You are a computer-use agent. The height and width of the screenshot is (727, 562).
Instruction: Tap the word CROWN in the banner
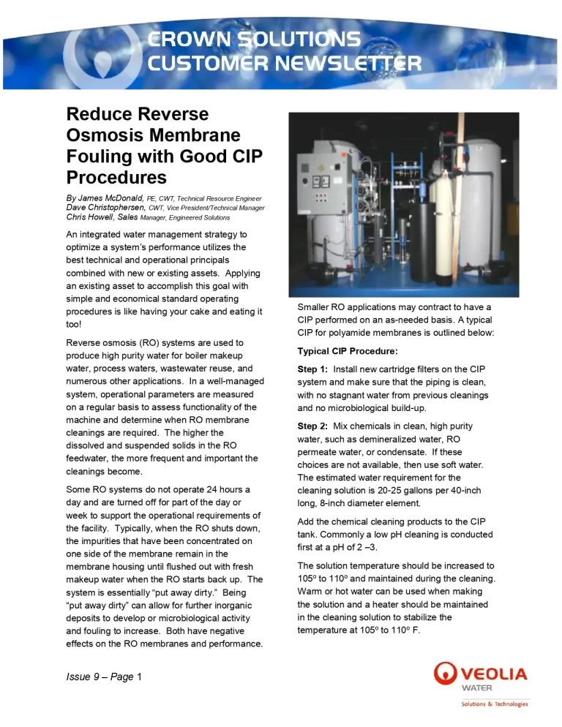pyautogui.click(x=190, y=39)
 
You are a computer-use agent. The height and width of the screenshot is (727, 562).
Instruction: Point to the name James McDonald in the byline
pyautogui.click(x=110, y=198)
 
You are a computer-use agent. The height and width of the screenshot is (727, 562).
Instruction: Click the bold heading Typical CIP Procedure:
pyautogui.click(x=347, y=351)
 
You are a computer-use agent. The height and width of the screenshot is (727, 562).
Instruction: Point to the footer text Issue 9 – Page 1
pyautogui.click(x=104, y=677)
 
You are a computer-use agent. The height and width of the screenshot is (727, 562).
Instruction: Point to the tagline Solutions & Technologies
pyautogui.click(x=494, y=704)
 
